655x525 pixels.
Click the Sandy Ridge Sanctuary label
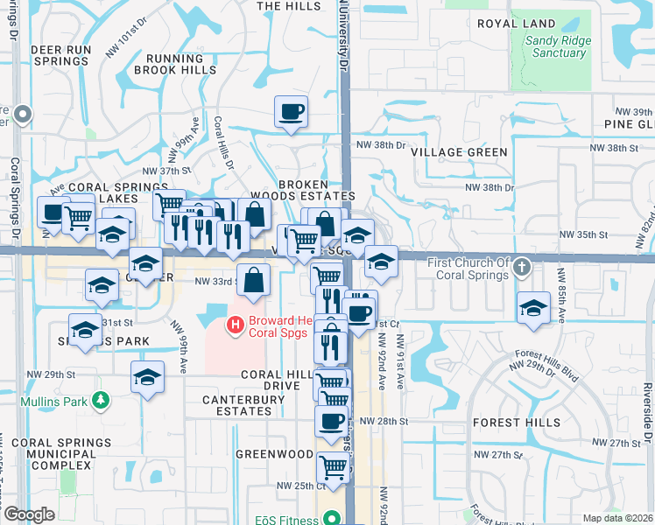tap(557, 47)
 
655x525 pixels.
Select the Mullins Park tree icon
tap(102, 401)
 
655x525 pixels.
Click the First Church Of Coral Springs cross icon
tap(522, 265)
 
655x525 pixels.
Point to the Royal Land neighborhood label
tap(517, 24)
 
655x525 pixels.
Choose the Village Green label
tap(459, 152)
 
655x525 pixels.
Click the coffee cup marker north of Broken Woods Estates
tap(291, 111)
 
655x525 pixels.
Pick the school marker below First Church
tap(532, 307)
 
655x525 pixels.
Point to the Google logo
tap(29, 514)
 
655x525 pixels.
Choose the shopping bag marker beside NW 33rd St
tap(253, 280)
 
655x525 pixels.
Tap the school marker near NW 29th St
tap(147, 377)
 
